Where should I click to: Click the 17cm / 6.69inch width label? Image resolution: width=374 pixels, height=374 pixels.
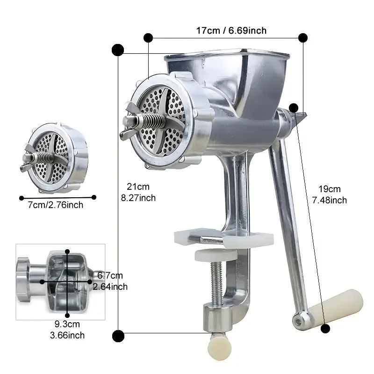tap(231, 30)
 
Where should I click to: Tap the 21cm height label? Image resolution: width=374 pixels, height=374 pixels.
tap(138, 187)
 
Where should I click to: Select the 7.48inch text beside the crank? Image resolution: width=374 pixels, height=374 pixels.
tap(330, 200)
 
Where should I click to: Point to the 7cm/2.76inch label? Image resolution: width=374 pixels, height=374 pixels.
tap(55, 205)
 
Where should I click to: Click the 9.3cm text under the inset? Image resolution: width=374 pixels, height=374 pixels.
tap(67, 324)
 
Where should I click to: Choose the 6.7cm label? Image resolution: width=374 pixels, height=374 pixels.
tap(110, 275)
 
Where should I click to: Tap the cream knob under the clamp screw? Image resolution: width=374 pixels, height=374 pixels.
tap(219, 347)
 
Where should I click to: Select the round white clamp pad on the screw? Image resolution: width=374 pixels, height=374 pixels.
tap(216, 255)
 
